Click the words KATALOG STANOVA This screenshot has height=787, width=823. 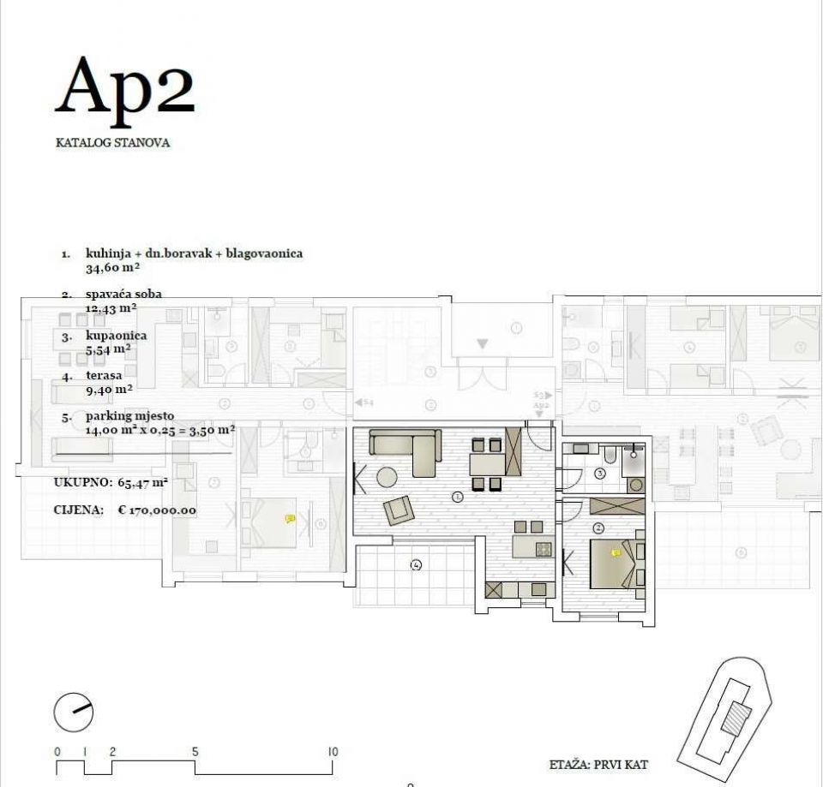[112, 143]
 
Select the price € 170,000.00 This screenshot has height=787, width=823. [157, 510]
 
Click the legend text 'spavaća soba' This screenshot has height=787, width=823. [123, 294]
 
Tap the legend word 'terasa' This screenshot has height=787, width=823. [104, 375]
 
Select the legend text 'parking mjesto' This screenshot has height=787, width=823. [129, 416]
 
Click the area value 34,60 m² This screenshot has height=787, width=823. [113, 267]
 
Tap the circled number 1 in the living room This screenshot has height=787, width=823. [458, 496]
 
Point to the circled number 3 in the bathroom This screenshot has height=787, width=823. [600, 473]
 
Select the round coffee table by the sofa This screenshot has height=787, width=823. [387, 477]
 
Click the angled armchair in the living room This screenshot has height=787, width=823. [398, 510]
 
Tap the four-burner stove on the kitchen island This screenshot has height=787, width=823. [544, 549]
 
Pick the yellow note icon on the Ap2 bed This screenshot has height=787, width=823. [615, 554]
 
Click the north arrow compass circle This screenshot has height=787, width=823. [73, 710]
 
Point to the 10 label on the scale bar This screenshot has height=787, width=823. [333, 752]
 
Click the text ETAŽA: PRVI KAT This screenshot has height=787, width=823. [598, 764]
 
